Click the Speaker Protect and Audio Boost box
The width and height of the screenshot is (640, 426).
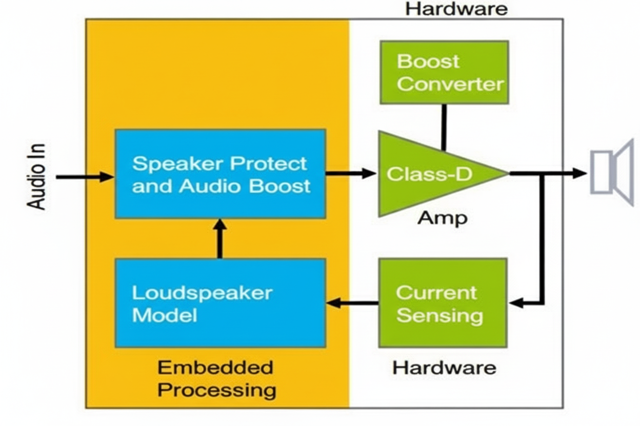pyautogui.click(x=220, y=174)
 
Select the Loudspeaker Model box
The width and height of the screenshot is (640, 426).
pyautogui.click(x=220, y=303)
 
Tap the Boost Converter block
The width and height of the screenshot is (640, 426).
pyautogui.click(x=444, y=73)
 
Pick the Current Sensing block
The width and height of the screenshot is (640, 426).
pyautogui.click(x=443, y=303)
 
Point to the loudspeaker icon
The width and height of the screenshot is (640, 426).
pyautogui.click(x=612, y=173)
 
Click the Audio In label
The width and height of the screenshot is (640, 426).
pyautogui.click(x=36, y=177)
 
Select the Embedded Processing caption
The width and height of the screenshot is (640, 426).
pyautogui.click(x=216, y=379)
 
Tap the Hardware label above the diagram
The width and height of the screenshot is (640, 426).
pyautogui.click(x=456, y=9)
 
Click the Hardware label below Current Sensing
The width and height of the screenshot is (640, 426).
pyautogui.click(x=444, y=368)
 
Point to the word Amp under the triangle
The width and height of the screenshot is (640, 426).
pyautogui.click(x=443, y=218)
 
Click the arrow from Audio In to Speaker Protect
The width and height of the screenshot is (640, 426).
pyautogui.click(x=85, y=177)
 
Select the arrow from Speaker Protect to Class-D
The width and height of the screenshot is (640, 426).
pyautogui.click(x=351, y=174)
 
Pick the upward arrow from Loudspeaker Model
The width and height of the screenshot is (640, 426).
pyautogui.click(x=220, y=239)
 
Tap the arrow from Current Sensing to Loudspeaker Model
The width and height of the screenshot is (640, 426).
pyautogui.click(x=352, y=303)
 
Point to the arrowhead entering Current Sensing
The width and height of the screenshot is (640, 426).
pyautogui.click(x=516, y=303)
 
